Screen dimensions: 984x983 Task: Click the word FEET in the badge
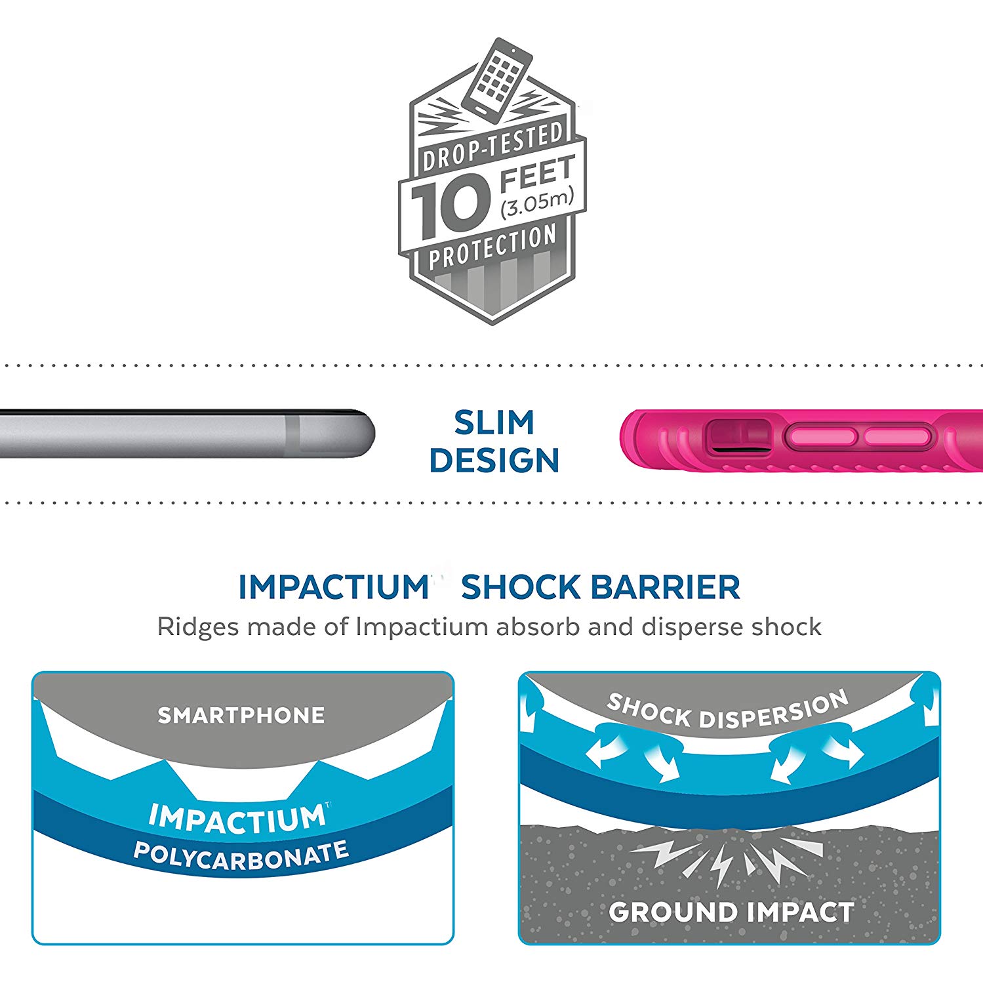537,173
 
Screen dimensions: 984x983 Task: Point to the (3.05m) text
536,203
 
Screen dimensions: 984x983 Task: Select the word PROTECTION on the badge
492,248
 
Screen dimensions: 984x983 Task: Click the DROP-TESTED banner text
492,148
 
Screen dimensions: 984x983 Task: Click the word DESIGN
494,461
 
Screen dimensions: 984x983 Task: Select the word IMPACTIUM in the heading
334,587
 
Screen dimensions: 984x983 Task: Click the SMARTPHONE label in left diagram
241,715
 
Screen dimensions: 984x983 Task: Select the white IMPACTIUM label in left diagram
237,818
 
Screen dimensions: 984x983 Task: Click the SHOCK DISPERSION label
727,710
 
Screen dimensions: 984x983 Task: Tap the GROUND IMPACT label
731,912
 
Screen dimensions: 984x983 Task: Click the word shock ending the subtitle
786,627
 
